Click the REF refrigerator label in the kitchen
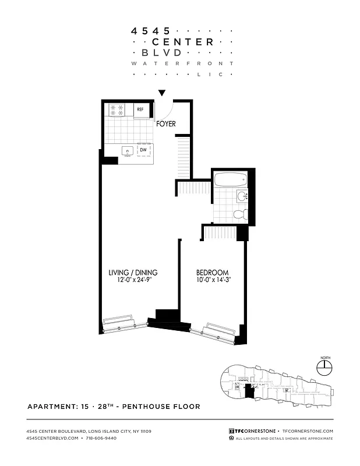coord(140,109)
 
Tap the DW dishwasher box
coord(143,150)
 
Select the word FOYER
coord(165,124)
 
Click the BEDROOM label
coord(212,273)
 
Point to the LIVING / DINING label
coord(133,273)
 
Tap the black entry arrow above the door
coord(163,93)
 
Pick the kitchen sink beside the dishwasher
coord(128,151)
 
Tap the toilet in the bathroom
coord(239,214)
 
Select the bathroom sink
coord(242,196)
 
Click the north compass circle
coord(323,367)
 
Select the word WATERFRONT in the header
coord(182,63)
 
